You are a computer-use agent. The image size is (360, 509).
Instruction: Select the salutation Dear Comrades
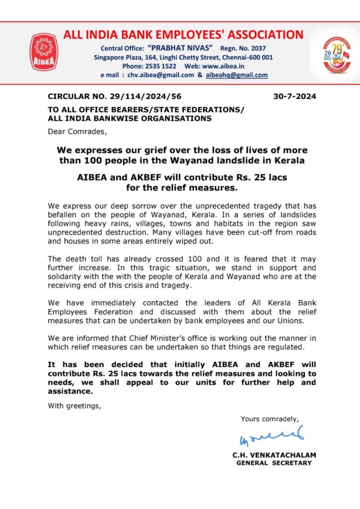(x=77, y=131)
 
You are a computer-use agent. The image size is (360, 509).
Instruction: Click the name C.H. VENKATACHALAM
(x=274, y=455)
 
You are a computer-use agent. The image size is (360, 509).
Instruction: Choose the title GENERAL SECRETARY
(x=274, y=463)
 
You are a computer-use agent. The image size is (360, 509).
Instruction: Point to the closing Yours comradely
(x=270, y=419)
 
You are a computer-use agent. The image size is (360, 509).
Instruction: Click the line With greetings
(x=74, y=405)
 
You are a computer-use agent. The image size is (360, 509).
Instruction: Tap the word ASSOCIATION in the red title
(x=254, y=34)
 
